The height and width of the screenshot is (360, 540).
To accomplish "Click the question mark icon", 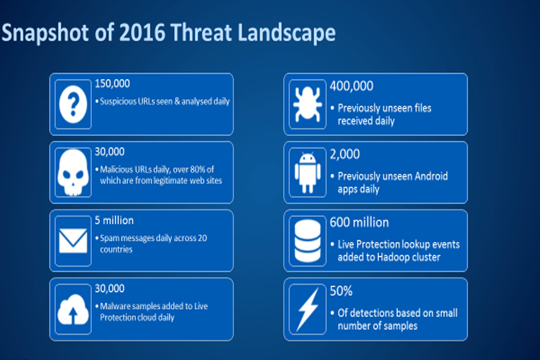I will (x=73, y=104).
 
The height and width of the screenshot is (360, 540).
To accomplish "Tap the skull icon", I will (x=73, y=172).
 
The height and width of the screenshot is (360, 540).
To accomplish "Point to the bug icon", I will (x=307, y=104).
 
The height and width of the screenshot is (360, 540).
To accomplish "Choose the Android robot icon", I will (x=307, y=172).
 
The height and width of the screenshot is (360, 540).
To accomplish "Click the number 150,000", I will (x=112, y=84).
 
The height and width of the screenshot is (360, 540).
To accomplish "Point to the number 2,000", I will (x=345, y=154).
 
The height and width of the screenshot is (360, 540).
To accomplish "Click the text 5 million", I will (x=114, y=220).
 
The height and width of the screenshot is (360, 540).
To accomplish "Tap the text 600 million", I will (x=359, y=223).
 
